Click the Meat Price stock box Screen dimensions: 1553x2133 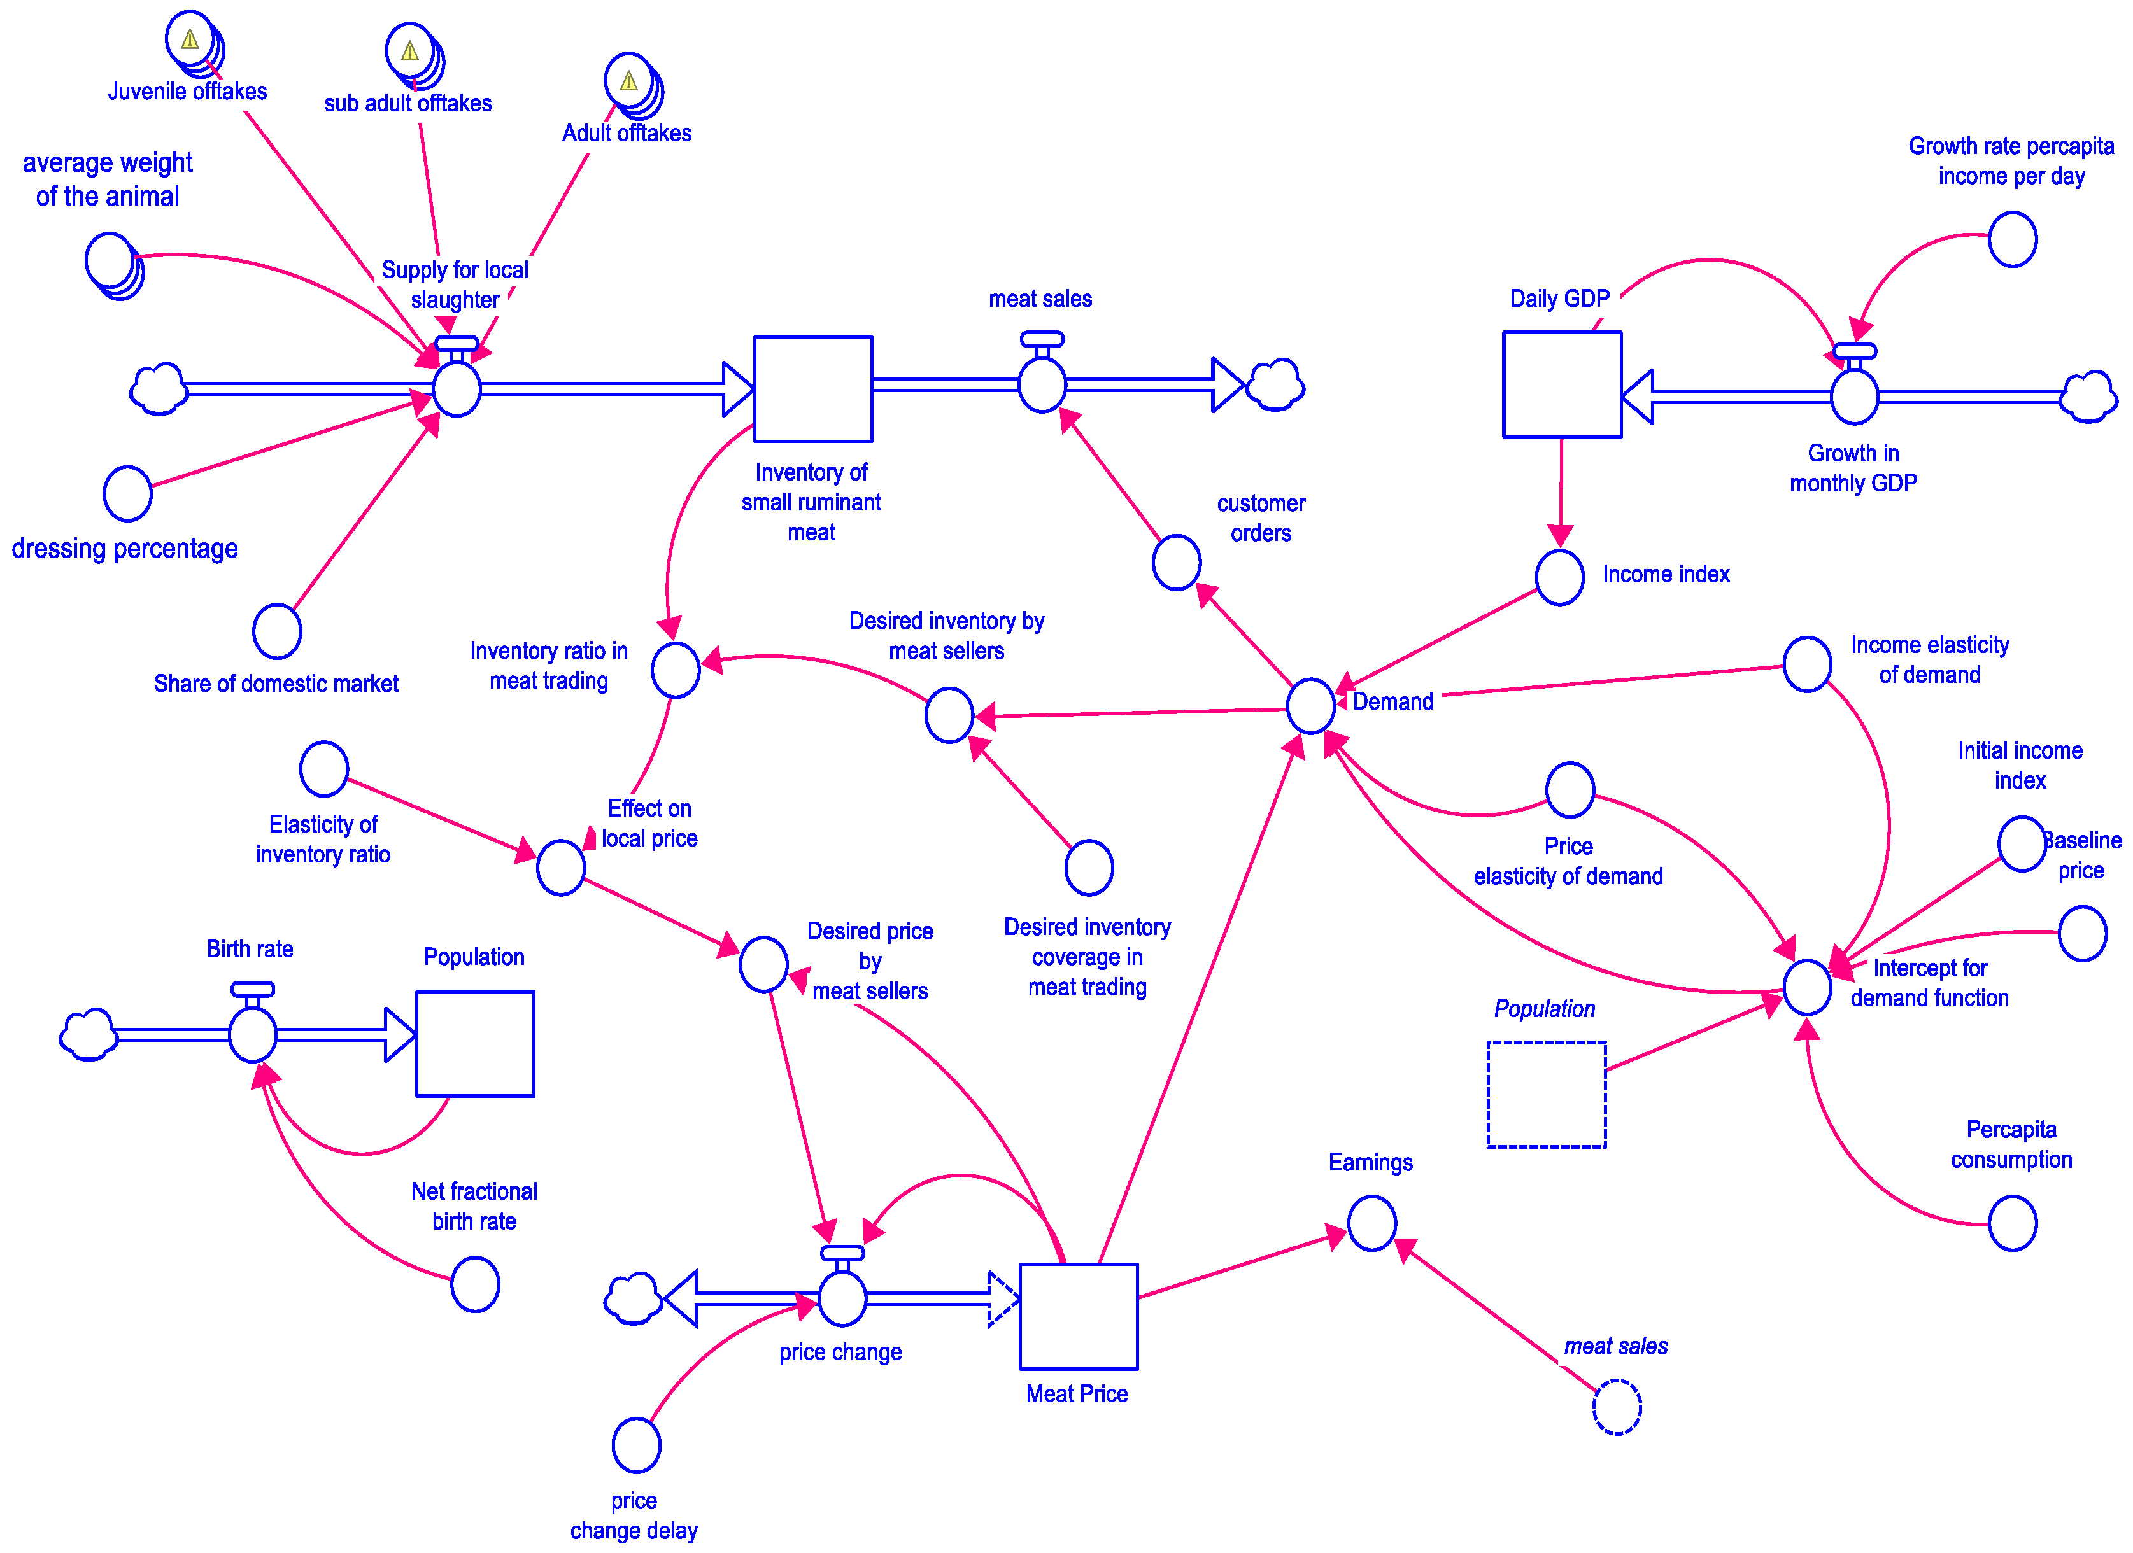click(1078, 1316)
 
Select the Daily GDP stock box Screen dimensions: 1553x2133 click(1561, 384)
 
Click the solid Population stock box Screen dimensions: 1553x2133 click(475, 1043)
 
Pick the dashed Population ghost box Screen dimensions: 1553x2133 click(1546, 1094)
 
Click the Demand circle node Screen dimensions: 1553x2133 click(1310, 705)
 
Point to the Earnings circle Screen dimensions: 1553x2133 click(1371, 1223)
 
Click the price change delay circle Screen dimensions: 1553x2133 click(636, 1445)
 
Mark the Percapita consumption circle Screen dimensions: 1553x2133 click(2013, 1223)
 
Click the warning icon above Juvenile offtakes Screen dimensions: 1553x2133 click(190, 39)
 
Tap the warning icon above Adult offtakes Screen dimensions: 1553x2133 click(628, 81)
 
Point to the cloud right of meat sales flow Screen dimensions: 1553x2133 click(1275, 384)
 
